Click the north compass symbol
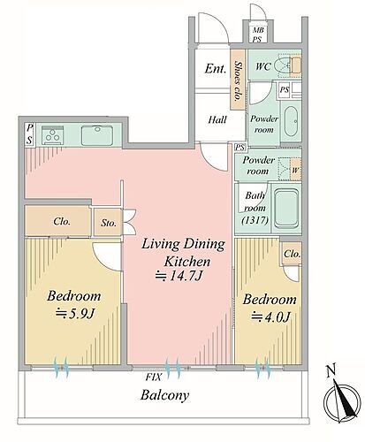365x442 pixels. [x=342, y=399]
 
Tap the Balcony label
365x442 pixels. [x=164, y=396]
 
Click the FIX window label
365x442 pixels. [x=154, y=377]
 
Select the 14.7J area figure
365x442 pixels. [x=179, y=276]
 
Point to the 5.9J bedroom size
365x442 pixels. [x=75, y=313]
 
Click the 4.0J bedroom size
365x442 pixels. [x=270, y=316]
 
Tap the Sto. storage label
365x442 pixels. [x=109, y=223]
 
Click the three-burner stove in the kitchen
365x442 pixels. [x=53, y=135]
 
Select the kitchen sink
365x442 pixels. [x=97, y=135]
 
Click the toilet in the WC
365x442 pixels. [x=284, y=65]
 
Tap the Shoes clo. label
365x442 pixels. [x=238, y=80]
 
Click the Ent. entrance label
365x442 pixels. [x=216, y=69]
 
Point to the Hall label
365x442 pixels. [x=217, y=119]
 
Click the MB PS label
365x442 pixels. [x=258, y=34]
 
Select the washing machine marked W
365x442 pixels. [x=295, y=170]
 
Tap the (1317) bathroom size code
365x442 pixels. [x=255, y=220]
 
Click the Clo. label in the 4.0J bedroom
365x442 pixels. [x=292, y=254]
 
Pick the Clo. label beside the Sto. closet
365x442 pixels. [x=62, y=221]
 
